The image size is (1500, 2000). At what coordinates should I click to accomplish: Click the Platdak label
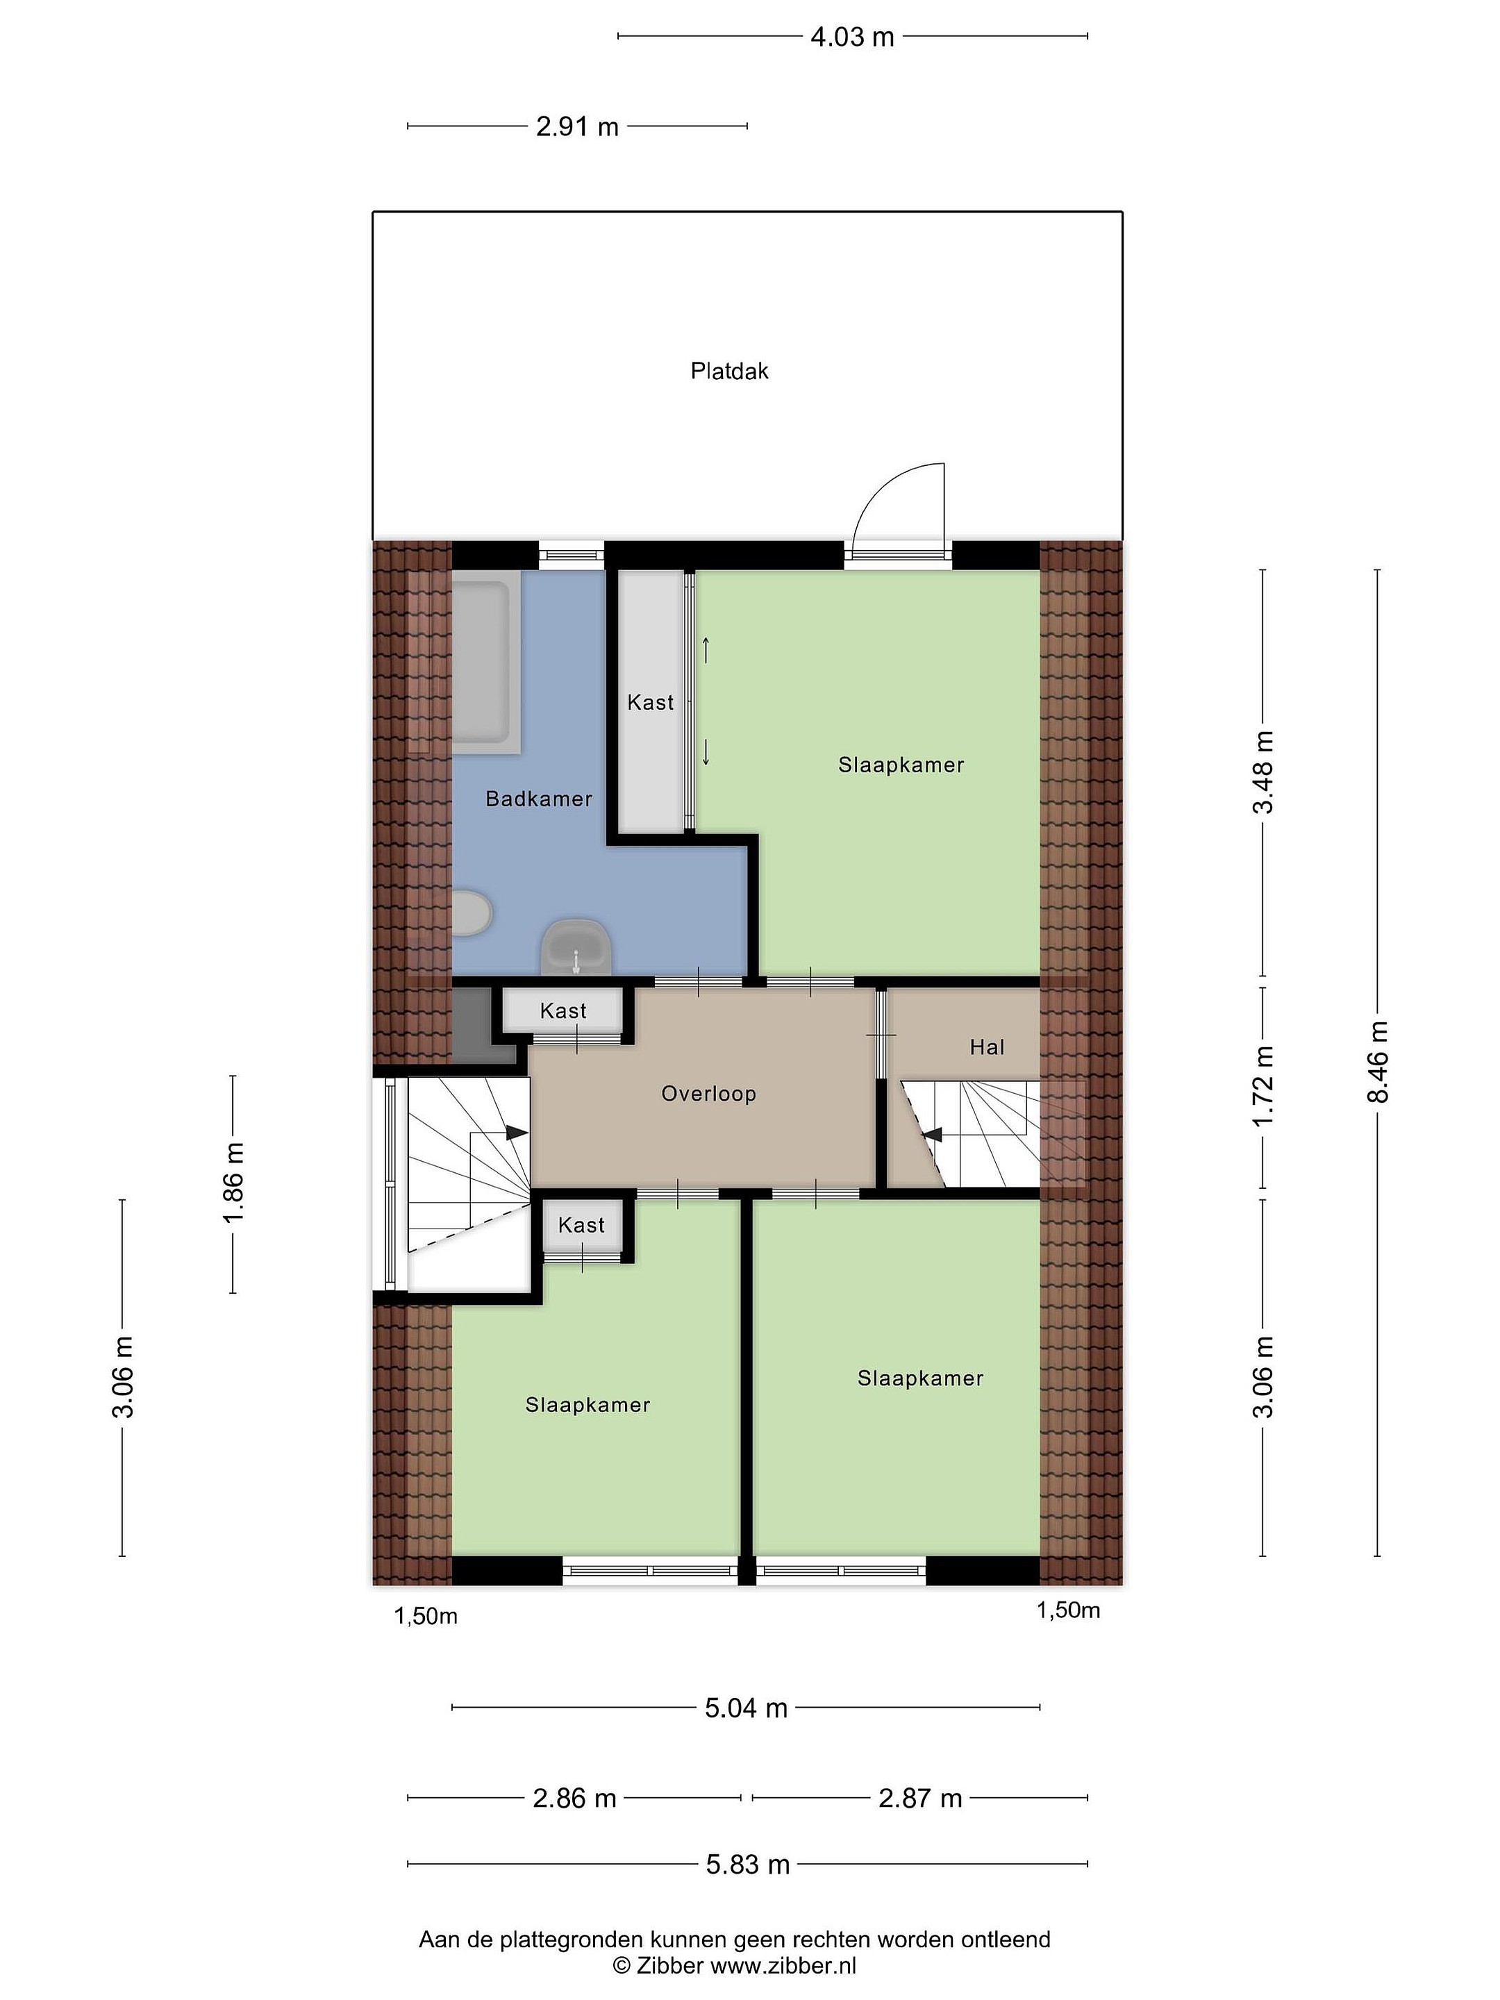coord(728,371)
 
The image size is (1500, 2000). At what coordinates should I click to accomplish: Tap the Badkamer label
coord(539,799)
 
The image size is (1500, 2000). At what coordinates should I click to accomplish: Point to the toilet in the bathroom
coord(471,913)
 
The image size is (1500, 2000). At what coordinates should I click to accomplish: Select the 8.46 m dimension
coord(1378,1062)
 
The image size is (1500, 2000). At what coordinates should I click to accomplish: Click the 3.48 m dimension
coord(1263,773)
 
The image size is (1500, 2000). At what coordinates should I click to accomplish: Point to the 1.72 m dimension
coord(1263,1087)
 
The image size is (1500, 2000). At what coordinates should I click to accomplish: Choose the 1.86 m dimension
coord(233,1183)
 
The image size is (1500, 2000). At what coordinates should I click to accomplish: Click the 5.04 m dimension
coord(746,1708)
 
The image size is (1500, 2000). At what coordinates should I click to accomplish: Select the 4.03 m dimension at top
coord(851,36)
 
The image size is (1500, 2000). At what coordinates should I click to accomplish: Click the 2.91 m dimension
coord(577,126)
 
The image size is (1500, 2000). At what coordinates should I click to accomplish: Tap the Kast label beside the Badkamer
coord(650,703)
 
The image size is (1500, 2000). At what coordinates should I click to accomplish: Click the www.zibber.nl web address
coord(783,1964)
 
